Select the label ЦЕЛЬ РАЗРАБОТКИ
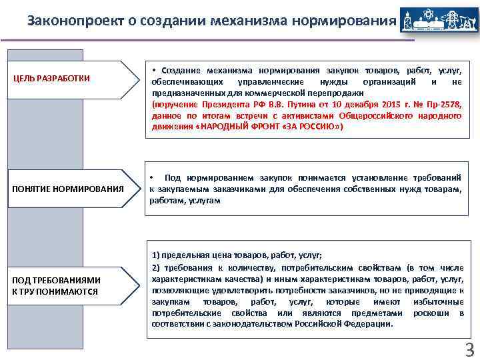coord(52,79)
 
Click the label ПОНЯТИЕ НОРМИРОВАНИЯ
coord(68,189)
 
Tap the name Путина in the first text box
coord(291,105)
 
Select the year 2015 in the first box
coord(387,105)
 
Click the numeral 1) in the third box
coord(157,255)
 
